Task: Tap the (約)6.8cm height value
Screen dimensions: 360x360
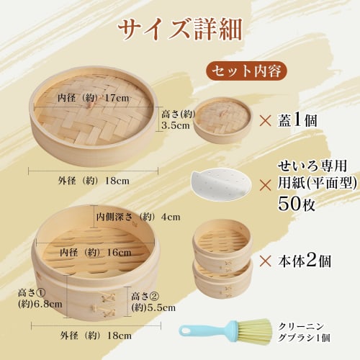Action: (41, 305)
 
